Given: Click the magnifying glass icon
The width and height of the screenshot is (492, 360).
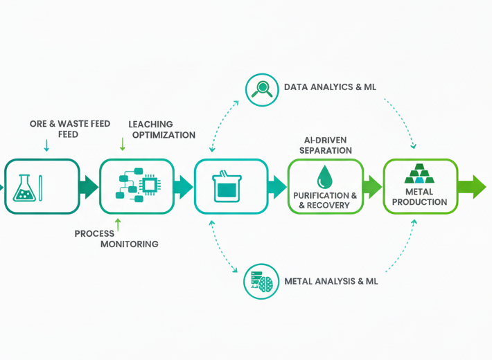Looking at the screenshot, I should pyautogui.click(x=262, y=89).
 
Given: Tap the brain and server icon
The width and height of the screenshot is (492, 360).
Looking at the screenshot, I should pyautogui.click(x=262, y=281).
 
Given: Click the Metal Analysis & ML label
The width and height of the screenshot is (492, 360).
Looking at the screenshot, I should pyautogui.click(x=331, y=282).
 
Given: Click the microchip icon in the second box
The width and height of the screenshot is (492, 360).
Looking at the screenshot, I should pyautogui.click(x=148, y=184).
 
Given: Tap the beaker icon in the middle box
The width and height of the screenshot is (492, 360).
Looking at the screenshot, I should pyautogui.click(x=227, y=186).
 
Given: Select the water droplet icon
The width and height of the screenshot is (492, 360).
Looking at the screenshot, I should pyautogui.click(x=324, y=177).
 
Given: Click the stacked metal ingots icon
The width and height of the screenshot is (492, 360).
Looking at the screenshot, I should pyautogui.click(x=419, y=173).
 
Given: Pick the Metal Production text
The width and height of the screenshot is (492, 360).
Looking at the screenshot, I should pyautogui.click(x=420, y=197).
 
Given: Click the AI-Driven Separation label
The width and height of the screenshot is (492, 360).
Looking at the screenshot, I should pyautogui.click(x=326, y=145).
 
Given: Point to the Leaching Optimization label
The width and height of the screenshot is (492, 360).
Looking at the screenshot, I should pyautogui.click(x=162, y=129).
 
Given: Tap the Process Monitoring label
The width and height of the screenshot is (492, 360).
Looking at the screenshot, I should pyautogui.click(x=116, y=239).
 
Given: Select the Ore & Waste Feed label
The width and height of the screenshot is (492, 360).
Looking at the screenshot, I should pyautogui.click(x=69, y=129).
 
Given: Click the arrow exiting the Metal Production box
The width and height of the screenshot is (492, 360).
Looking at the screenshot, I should pyautogui.click(x=472, y=187).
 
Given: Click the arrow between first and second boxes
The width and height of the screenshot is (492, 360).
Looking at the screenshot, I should pyautogui.click(x=89, y=187).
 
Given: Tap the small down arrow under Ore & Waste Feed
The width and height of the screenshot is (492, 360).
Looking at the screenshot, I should pyautogui.click(x=46, y=145).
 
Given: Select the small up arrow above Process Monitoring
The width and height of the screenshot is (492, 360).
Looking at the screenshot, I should pyautogui.click(x=118, y=224).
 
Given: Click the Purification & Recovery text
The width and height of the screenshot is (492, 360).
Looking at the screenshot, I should pyautogui.click(x=325, y=200).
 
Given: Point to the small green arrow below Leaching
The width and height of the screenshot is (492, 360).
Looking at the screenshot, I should pyautogui.click(x=123, y=144).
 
